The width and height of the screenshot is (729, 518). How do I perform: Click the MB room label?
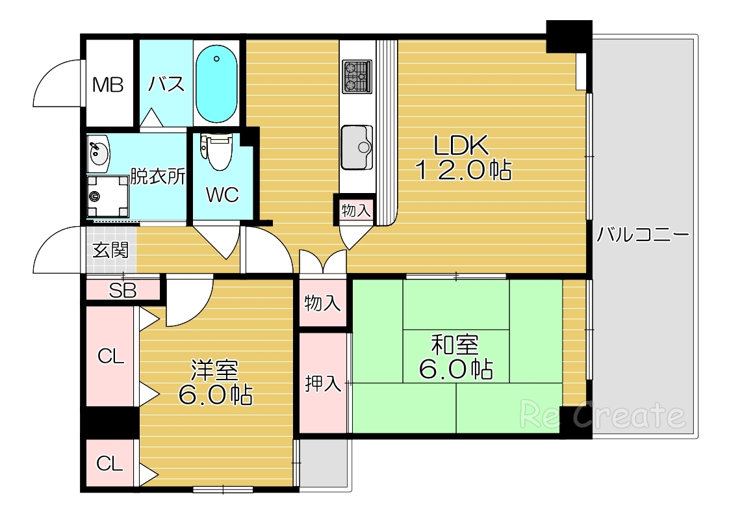tap(108, 85)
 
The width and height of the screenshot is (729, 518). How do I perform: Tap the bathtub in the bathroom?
tap(216, 84)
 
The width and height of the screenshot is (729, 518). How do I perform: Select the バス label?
tap(166, 84)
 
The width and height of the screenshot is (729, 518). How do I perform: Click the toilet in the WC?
tap(216, 151)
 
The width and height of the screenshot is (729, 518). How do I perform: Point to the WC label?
tap(222, 195)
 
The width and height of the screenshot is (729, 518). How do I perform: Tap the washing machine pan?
tap(108, 196)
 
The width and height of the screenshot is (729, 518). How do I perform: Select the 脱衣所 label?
tap(158, 176)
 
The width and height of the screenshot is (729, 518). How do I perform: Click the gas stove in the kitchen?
tap(357, 76)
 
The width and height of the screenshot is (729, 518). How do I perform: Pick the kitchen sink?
tap(357, 148)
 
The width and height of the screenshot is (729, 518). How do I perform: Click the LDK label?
tap(461, 145)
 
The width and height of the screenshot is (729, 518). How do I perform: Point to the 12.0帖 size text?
tap(463, 170)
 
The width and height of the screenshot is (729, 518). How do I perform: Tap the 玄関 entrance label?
tap(110, 250)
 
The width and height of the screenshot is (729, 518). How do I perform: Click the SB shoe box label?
tap(123, 291)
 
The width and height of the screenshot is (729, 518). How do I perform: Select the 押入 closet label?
tap(323, 384)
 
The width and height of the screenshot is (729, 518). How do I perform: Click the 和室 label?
tap(455, 345)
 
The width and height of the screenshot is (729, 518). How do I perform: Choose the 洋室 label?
tap(215, 370)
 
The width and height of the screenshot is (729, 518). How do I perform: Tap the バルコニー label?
tap(643, 235)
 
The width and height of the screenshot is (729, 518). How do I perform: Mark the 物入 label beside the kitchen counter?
tap(356, 210)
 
